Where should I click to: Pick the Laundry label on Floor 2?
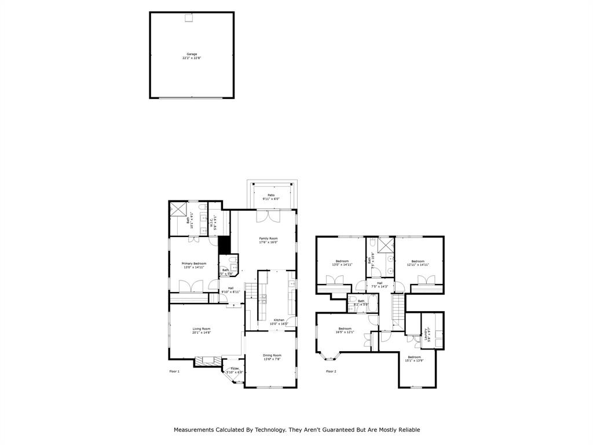(x=427, y=333)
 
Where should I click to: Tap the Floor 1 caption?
(x=174, y=371)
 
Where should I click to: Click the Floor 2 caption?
(x=331, y=371)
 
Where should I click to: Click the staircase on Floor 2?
(x=397, y=313)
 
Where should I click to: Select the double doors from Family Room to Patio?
(x=270, y=216)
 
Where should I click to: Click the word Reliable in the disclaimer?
(x=408, y=429)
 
